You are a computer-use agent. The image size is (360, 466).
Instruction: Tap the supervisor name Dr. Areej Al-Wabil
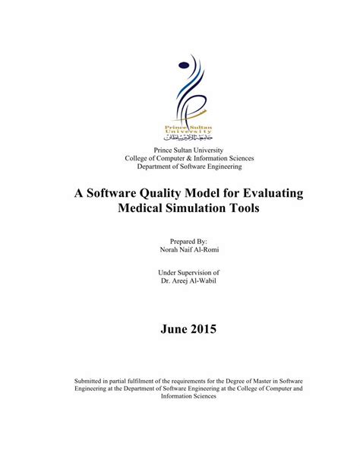point(180,281)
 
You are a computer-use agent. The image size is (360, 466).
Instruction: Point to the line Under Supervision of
point(180,272)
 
